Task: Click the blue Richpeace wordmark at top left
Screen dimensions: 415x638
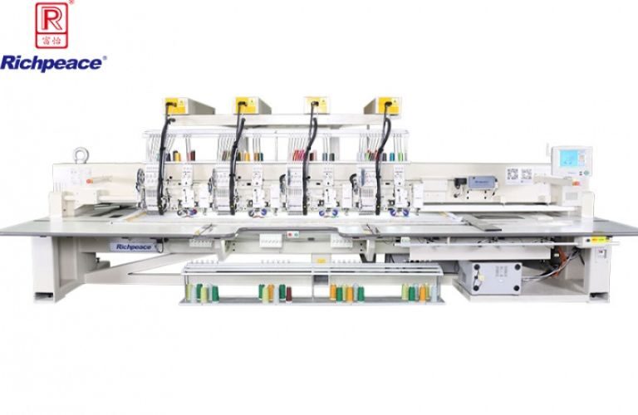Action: tap(52, 62)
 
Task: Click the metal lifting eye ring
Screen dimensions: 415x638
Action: tap(81, 154)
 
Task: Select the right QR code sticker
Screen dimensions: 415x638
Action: tap(526, 174)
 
